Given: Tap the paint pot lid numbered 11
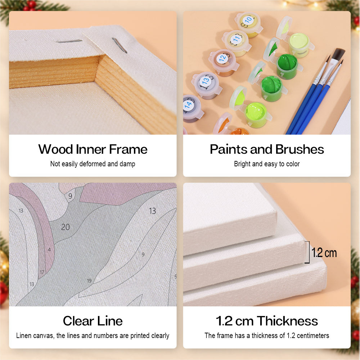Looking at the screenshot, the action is point(236,39).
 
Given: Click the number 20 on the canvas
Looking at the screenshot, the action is point(66,227).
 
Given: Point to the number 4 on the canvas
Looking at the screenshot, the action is point(49,249).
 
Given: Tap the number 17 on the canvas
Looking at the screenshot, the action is point(42,272).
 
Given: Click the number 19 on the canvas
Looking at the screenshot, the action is point(89,280).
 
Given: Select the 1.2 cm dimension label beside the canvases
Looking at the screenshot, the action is point(324,253).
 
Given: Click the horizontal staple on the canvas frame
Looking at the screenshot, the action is point(69,41).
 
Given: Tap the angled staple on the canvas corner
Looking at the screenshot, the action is point(120,45).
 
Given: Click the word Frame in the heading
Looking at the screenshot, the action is point(128,149).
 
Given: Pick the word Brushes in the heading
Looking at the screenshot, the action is point(300,149).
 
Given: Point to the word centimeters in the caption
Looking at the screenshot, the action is point(313,336).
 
